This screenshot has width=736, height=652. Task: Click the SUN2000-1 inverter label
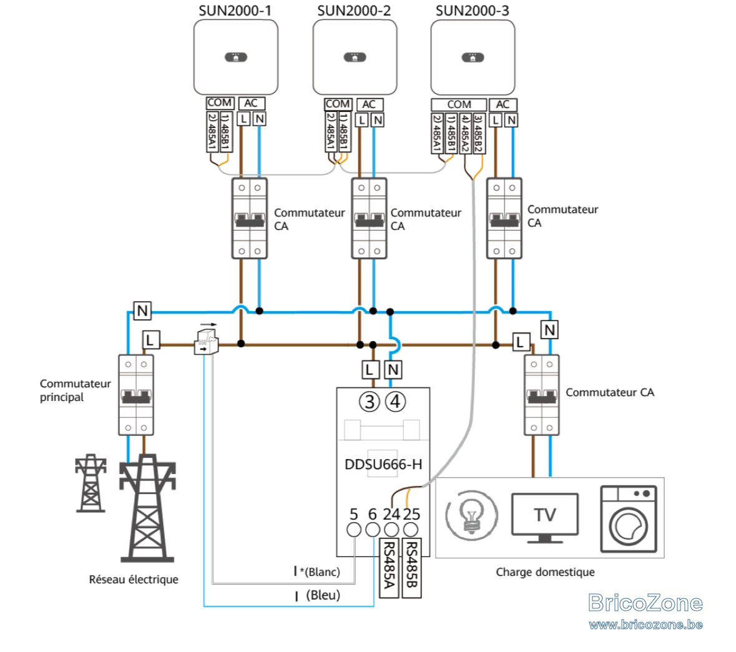pos(235,11)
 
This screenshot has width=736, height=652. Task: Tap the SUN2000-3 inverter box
pos(473,58)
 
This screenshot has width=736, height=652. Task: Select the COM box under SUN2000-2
pos(338,104)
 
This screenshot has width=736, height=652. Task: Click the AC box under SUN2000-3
pos(503,104)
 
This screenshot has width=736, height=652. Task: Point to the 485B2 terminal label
pos(478,134)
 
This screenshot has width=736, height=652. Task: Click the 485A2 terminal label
pos(464,134)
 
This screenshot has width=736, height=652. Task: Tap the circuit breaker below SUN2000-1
pos(250,219)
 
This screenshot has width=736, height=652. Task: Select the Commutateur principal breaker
pos(136,395)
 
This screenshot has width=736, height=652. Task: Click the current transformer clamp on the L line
pos(207,342)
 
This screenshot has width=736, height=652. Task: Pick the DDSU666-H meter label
pos(383,465)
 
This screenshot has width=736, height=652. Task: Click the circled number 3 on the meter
pos(370,402)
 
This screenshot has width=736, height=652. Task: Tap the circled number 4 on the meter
pos(395,402)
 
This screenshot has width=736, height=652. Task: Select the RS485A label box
pos(389,568)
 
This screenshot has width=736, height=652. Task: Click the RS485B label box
pos(411,568)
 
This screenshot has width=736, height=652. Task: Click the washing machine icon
pos(629,519)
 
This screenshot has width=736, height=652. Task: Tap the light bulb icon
pos(472,516)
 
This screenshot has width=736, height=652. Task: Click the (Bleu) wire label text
pos(323,595)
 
